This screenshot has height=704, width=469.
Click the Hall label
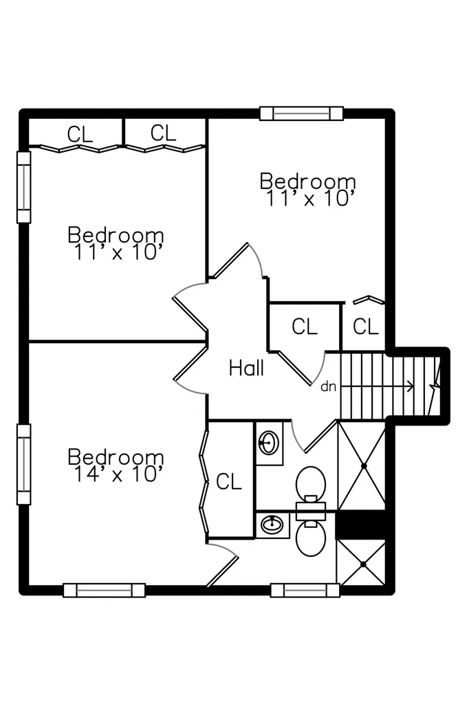coord(246,368)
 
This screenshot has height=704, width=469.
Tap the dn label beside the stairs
coord(329,386)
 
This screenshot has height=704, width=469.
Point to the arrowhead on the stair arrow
coord(410,386)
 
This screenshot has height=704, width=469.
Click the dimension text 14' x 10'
coord(116,474)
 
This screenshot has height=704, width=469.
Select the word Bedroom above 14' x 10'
coord(116,456)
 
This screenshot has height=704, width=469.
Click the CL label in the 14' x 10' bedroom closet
coord(229,482)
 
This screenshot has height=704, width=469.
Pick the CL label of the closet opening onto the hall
coord(304,327)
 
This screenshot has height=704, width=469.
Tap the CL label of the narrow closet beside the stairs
coord(366,327)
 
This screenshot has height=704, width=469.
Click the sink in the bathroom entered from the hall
coord(269,443)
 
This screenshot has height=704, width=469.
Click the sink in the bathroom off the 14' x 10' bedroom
coord(272,525)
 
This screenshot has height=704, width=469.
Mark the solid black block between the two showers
coord(361,525)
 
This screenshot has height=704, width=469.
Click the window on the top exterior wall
coord(301,113)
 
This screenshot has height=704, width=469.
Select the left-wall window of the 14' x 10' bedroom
coord(24,464)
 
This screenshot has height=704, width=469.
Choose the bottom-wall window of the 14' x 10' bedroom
coord(105,590)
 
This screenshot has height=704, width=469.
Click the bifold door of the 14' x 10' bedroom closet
coord(205,483)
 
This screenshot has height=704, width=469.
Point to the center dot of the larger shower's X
coord(364,466)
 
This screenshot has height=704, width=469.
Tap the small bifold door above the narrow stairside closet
coord(369,300)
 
